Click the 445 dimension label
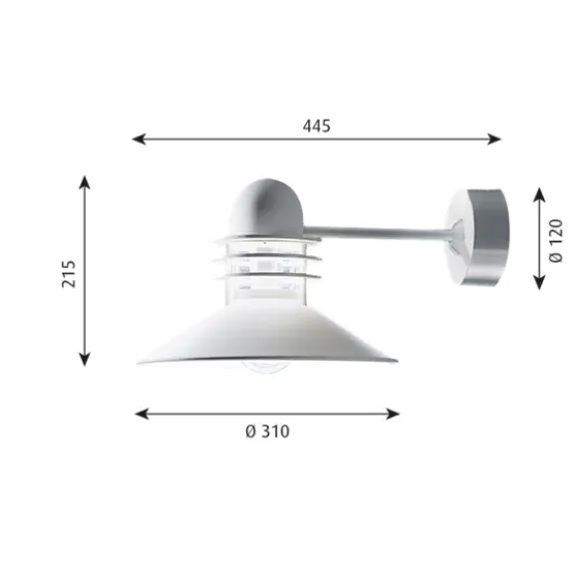pos(317,126)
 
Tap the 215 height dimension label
pos(69,274)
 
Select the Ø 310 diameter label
pos(267,431)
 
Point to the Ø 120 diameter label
pos(555,240)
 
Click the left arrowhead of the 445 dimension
pos(139,139)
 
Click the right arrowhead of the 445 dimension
pos(494,139)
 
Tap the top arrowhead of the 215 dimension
pos(85,182)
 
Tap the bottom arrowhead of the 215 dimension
pos(85,359)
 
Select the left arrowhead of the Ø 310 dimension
pos(142,414)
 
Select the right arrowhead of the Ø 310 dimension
pos(393,414)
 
